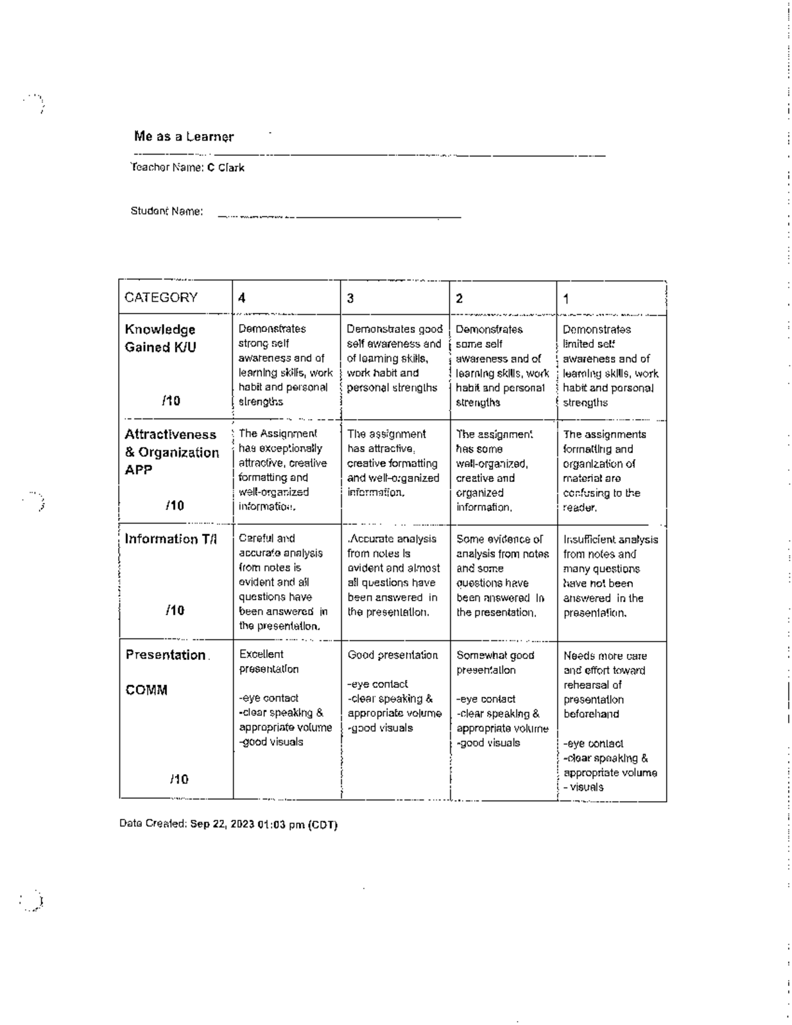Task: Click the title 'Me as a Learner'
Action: tap(183, 137)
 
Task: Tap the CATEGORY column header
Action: tap(161, 298)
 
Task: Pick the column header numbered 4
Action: tap(242, 298)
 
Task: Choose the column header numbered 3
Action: tap(350, 298)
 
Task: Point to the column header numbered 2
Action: tap(459, 298)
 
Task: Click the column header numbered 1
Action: tap(566, 299)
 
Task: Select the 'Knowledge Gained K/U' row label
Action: tap(160, 338)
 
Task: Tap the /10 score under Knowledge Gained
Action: tap(171, 401)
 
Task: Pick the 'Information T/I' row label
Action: tap(171, 539)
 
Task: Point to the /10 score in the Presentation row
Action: tap(178, 779)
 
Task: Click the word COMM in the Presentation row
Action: tap(147, 690)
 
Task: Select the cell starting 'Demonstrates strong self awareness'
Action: tap(285, 365)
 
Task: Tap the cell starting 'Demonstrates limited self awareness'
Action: tap(610, 366)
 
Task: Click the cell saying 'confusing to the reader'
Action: tap(601, 500)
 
